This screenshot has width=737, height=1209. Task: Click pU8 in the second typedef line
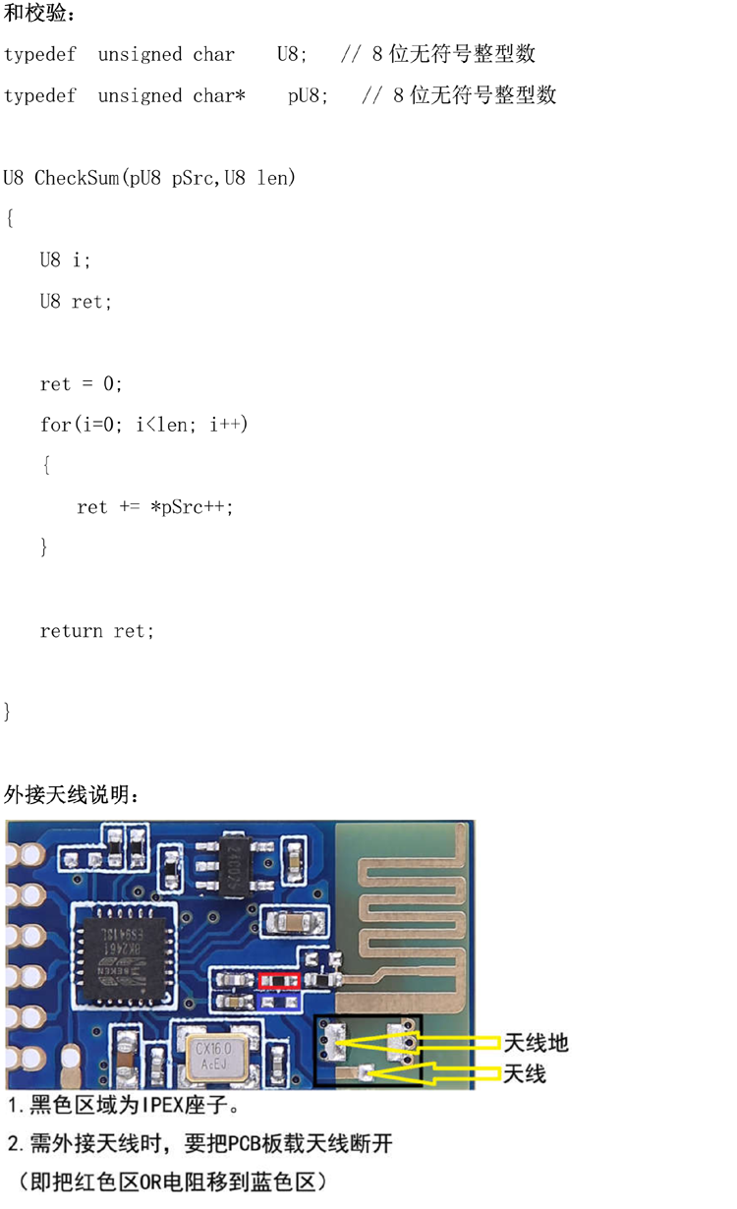(x=307, y=95)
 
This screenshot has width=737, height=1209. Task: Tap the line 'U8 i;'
(x=65, y=260)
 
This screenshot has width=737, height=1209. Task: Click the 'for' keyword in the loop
(x=55, y=425)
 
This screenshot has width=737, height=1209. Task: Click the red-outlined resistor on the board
(x=279, y=981)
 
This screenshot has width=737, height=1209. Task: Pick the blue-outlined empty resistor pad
(x=279, y=1002)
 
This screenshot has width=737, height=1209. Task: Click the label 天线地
(x=536, y=1043)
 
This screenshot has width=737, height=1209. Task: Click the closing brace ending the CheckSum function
(x=8, y=712)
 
